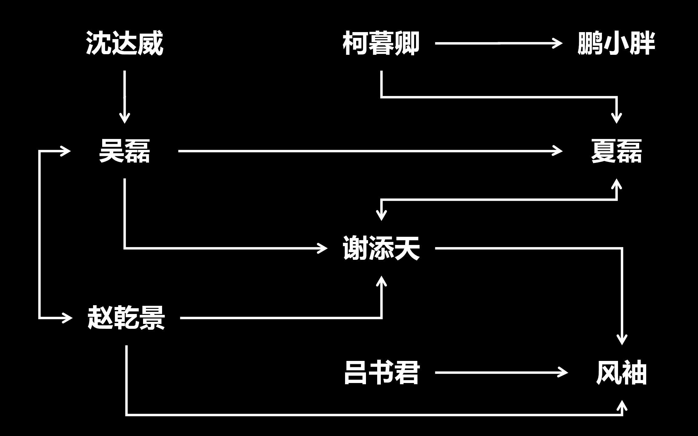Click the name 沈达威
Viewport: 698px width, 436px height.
click(125, 43)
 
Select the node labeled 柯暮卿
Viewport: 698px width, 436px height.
click(381, 43)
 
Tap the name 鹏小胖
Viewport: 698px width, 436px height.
click(616, 43)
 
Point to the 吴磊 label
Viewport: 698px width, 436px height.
click(125, 151)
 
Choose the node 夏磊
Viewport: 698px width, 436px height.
click(616, 151)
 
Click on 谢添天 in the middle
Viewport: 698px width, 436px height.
click(381, 248)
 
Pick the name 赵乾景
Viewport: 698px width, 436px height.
click(126, 318)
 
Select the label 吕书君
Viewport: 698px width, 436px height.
click(382, 373)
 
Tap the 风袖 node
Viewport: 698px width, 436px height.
click(621, 373)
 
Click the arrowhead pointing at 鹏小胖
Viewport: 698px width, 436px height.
click(558, 43)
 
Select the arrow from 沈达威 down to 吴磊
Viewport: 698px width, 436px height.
click(125, 94)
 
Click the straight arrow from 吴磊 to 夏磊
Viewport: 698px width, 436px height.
click(364, 151)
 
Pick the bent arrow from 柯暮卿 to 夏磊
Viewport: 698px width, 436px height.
click(500, 97)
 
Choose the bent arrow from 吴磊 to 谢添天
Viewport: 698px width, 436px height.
click(212, 248)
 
